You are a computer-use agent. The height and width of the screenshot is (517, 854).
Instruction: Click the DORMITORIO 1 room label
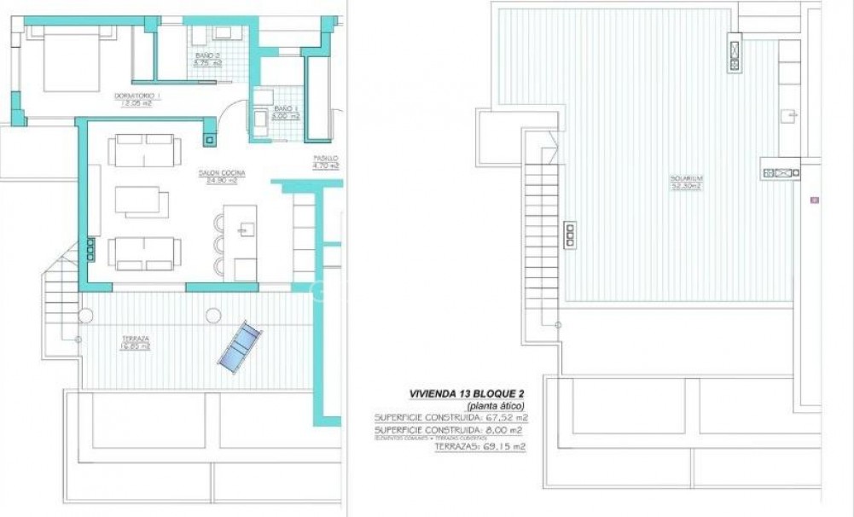tap(137, 95)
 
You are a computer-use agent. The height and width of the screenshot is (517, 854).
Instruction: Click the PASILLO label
tap(325, 159)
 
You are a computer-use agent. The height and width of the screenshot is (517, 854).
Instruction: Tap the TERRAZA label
tap(137, 339)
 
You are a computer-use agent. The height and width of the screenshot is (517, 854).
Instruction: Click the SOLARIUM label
tap(684, 179)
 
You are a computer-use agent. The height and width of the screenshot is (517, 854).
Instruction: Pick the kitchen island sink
tap(247, 228)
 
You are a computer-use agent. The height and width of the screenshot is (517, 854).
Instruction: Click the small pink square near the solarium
tap(815, 200)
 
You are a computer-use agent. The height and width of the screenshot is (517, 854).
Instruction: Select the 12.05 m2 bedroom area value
tap(137, 103)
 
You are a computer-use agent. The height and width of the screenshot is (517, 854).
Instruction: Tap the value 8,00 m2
tap(504, 430)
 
